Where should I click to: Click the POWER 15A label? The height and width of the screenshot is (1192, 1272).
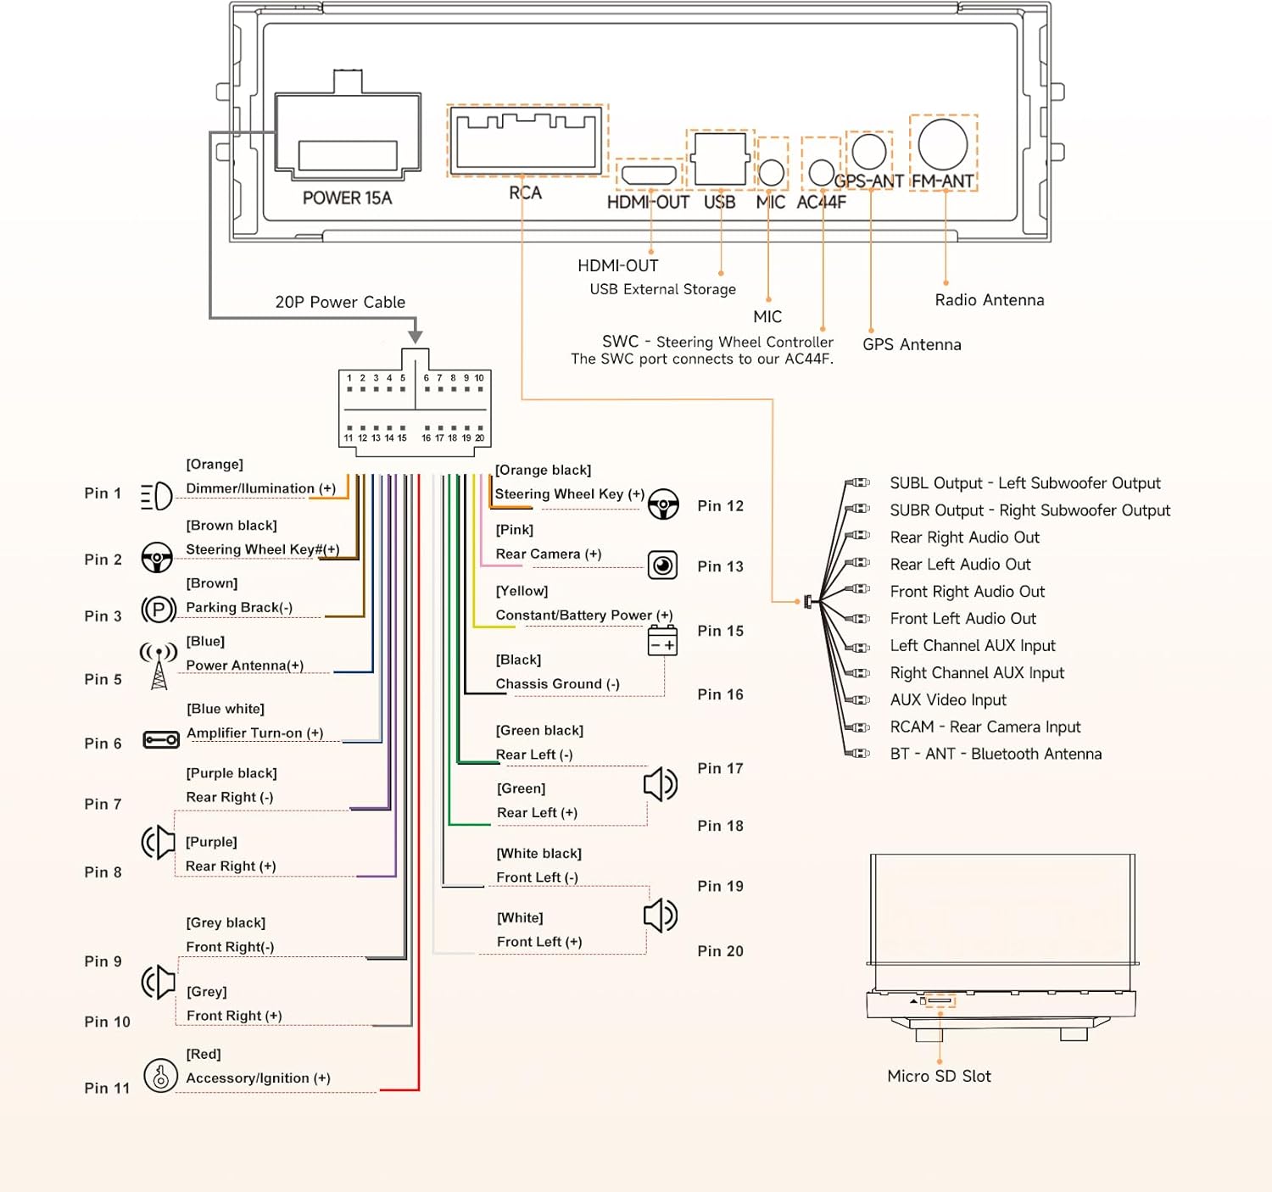pyautogui.click(x=347, y=198)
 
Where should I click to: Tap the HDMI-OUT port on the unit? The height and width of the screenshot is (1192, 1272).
pyautogui.click(x=650, y=175)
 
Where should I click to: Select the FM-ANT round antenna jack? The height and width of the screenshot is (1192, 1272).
pyautogui.click(x=942, y=144)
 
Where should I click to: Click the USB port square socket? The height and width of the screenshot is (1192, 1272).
pyautogui.click(x=720, y=159)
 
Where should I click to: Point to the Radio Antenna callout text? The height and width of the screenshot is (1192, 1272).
pyautogui.click(x=989, y=300)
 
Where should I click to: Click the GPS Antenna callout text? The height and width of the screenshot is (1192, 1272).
pyautogui.click(x=912, y=345)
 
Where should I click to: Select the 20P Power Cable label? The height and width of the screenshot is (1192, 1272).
pyautogui.click(x=340, y=303)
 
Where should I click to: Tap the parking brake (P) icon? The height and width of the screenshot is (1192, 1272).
pyautogui.click(x=159, y=610)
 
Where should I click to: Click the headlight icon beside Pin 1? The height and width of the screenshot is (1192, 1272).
pyautogui.click(x=157, y=496)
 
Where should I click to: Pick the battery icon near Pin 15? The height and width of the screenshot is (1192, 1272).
pyautogui.click(x=662, y=641)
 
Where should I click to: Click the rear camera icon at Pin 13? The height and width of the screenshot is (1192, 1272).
pyautogui.click(x=662, y=565)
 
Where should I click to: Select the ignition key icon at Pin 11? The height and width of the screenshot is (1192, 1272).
pyautogui.click(x=160, y=1075)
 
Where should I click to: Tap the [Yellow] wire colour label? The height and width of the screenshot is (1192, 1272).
pyautogui.click(x=522, y=591)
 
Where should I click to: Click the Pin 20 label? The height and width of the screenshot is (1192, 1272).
pyautogui.click(x=720, y=951)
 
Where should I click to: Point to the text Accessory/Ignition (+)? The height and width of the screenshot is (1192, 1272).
pyautogui.click(x=258, y=1078)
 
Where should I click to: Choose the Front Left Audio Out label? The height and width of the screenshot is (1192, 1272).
pyautogui.click(x=962, y=619)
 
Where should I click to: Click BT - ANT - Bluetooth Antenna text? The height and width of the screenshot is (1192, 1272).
pyautogui.click(x=996, y=755)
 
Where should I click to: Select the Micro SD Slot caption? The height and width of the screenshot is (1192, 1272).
pyautogui.click(x=939, y=1077)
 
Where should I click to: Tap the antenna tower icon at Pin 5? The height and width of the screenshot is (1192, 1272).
pyautogui.click(x=159, y=666)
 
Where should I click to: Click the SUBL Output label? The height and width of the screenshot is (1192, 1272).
pyautogui.click(x=1024, y=483)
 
